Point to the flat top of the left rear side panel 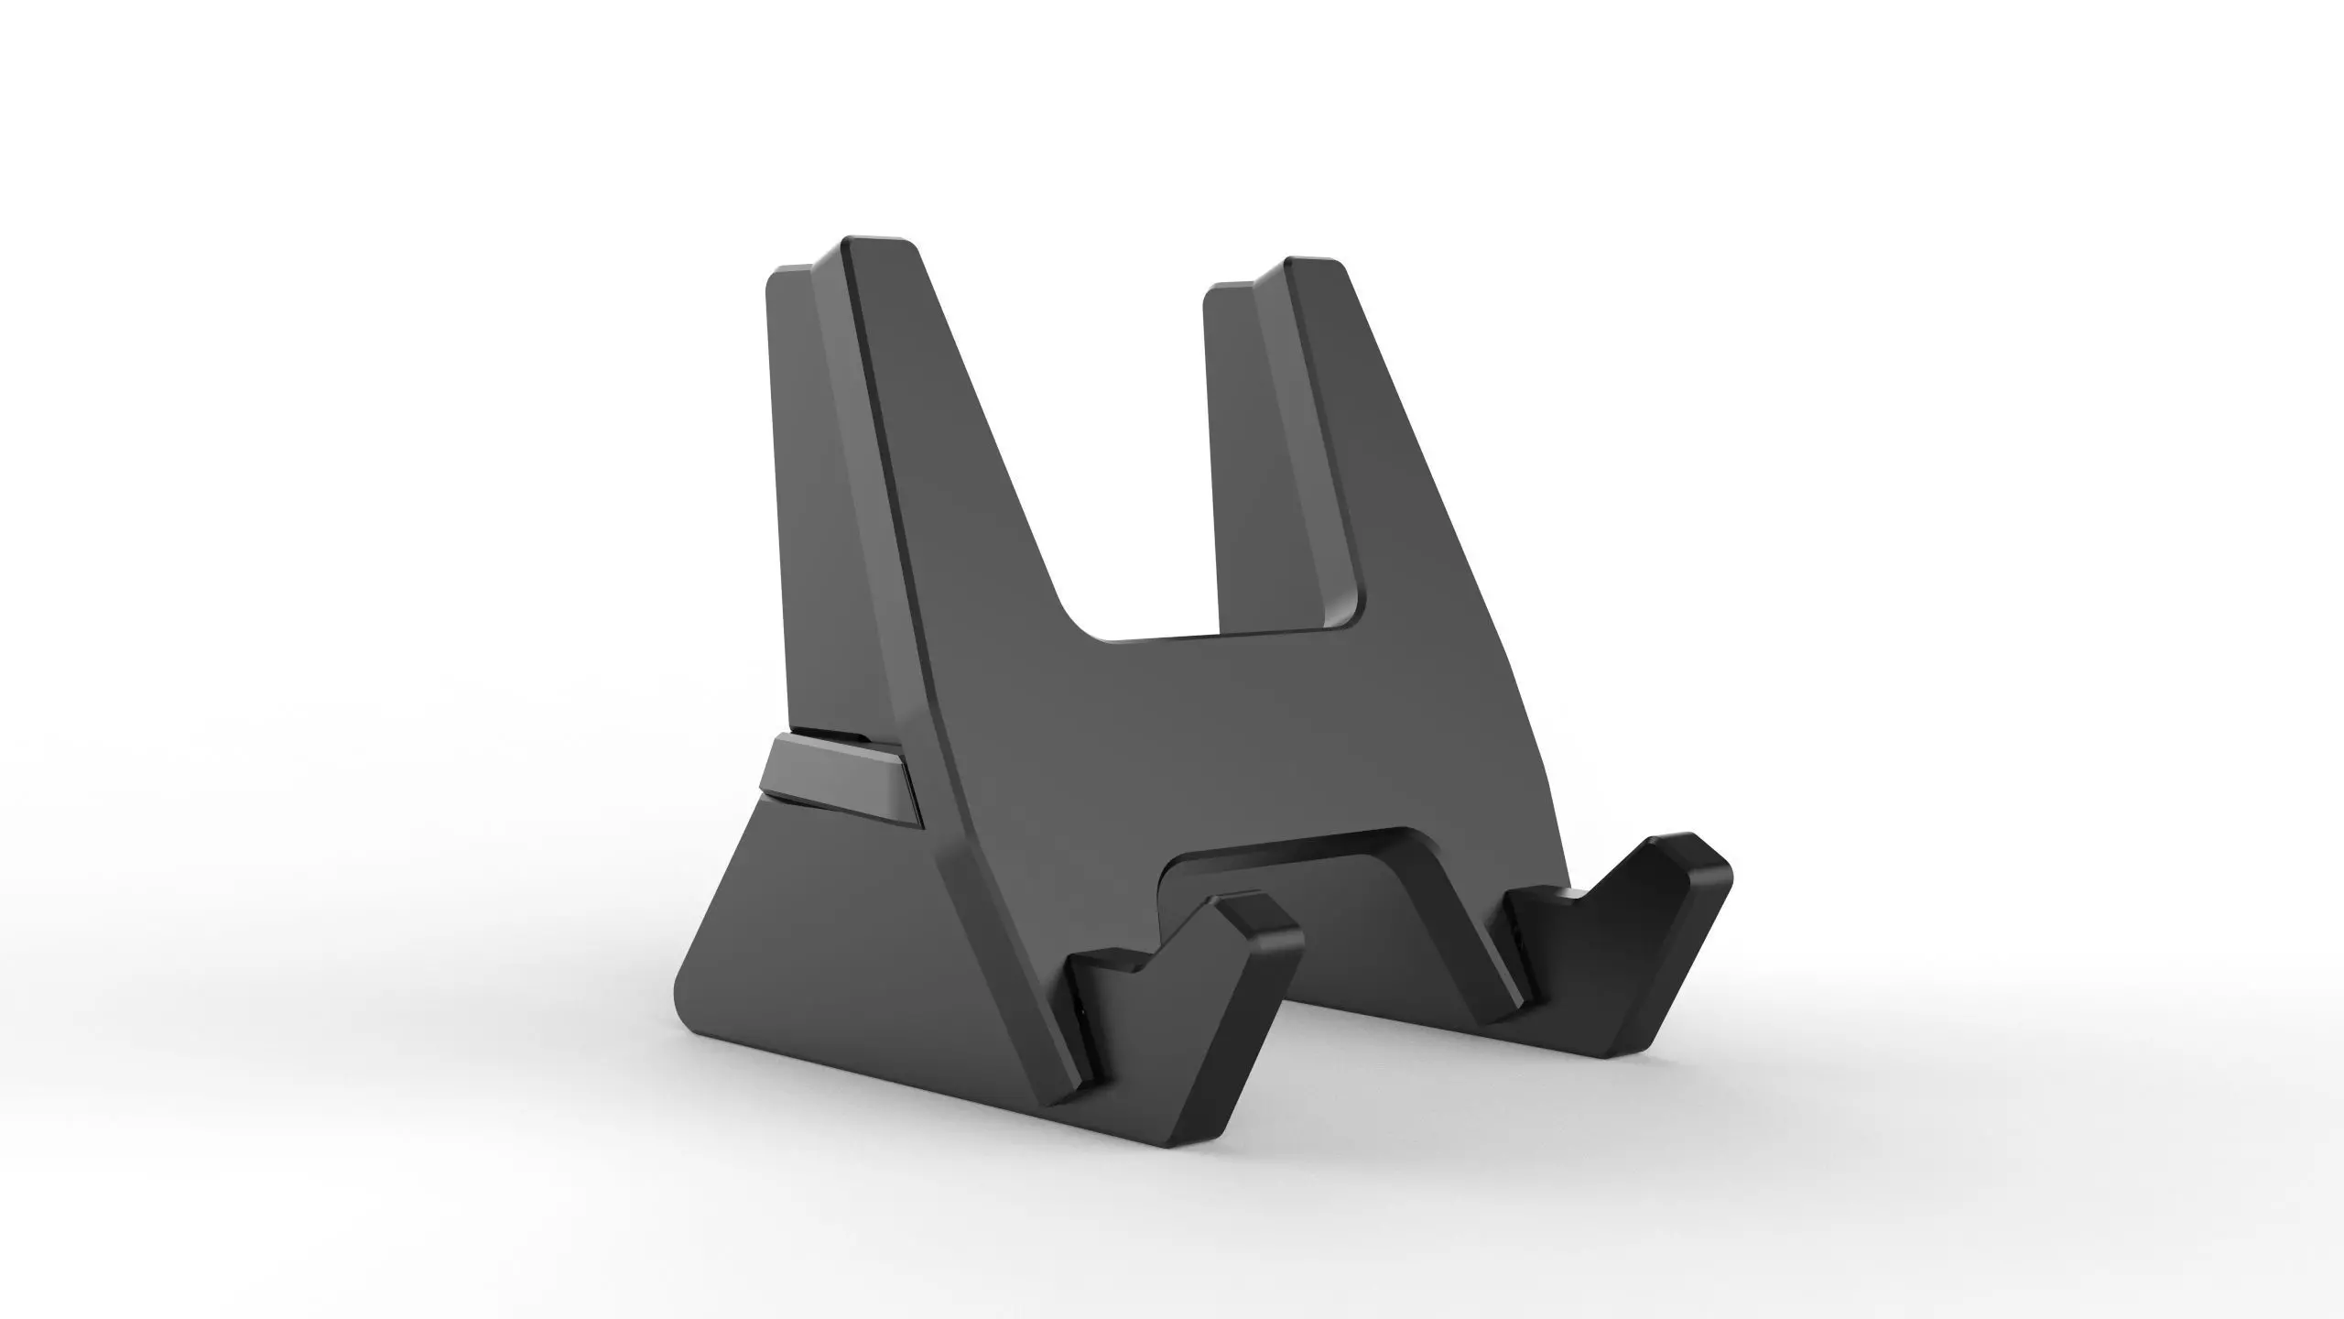pos(789,272)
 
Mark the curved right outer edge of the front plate pos(1520,705)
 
